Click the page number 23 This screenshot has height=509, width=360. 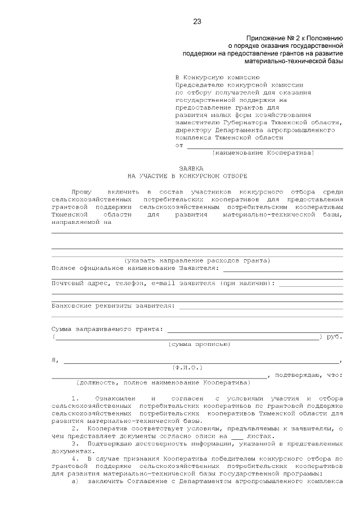197,21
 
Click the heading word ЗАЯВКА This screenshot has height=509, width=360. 191,168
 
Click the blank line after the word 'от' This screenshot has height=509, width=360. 264,146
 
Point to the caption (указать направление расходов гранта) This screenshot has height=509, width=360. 197,260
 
